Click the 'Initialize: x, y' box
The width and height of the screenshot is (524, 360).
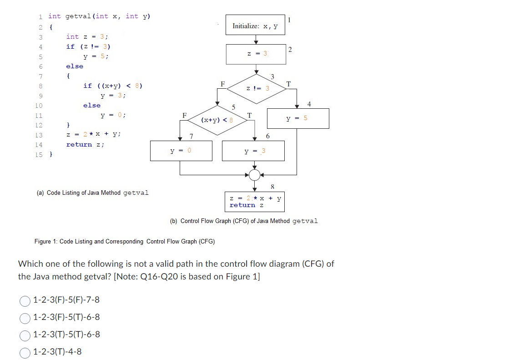(x=255, y=26)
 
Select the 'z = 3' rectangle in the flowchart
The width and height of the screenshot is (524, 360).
(x=255, y=54)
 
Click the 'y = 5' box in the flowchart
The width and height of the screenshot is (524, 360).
(x=297, y=118)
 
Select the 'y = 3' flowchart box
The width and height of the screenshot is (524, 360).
(x=253, y=151)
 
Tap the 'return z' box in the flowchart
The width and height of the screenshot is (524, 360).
(x=255, y=202)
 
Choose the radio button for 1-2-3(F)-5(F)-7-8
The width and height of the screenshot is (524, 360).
(x=25, y=300)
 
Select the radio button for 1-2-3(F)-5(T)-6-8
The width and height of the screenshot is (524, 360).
(x=25, y=318)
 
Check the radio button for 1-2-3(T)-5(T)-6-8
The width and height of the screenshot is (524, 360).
(x=25, y=335)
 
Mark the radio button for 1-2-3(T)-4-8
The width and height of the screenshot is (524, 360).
(x=25, y=352)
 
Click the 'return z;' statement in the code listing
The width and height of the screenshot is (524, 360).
(x=86, y=144)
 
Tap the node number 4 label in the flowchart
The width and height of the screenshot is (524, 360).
(x=309, y=105)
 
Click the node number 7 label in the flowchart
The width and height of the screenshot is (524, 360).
(x=191, y=136)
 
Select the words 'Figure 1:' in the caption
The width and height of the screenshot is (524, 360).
(x=46, y=241)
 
